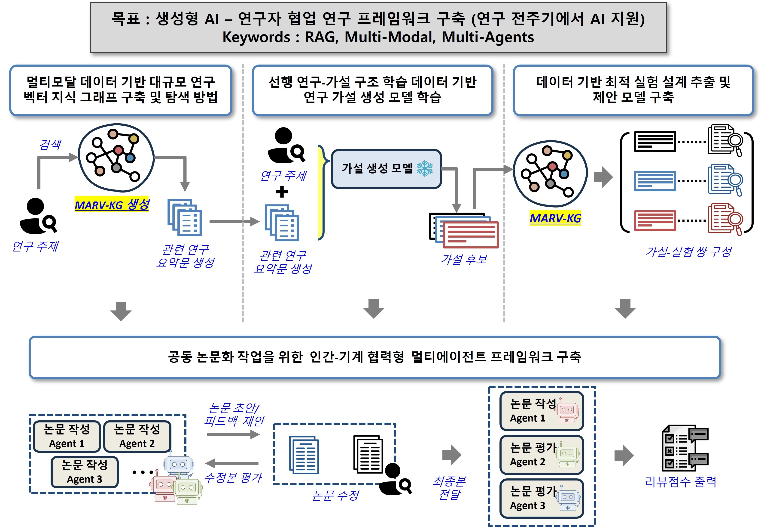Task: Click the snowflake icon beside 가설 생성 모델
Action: tap(425, 168)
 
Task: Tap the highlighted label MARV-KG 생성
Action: tap(112, 205)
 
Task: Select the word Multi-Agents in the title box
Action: tap(488, 37)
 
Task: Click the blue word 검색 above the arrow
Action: tap(50, 144)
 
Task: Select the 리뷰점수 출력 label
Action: tap(681, 482)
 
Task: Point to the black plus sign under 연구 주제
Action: tap(282, 192)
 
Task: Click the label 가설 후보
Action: tap(464, 259)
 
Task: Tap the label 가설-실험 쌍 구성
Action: tap(688, 252)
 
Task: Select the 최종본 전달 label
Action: tap(449, 488)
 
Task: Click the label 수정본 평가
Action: tap(233, 477)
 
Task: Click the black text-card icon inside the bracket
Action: tap(655, 142)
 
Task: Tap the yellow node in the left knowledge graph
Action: tap(134, 139)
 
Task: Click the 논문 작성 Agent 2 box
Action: tap(137, 436)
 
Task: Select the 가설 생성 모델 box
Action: tap(386, 169)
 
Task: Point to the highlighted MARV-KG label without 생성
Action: tap(555, 218)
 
